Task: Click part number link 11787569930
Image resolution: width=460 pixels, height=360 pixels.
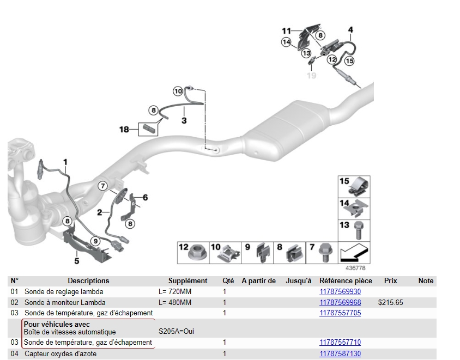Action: (x=340, y=292)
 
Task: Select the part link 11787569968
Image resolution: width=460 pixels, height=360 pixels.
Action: (x=340, y=302)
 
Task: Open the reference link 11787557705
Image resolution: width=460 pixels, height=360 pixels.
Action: (x=340, y=313)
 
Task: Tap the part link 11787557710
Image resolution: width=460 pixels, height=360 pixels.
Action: (x=340, y=343)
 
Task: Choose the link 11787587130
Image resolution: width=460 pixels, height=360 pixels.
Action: (x=340, y=354)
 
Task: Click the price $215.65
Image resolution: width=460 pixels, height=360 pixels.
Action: (x=390, y=302)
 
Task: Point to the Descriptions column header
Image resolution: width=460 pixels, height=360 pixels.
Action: (x=88, y=281)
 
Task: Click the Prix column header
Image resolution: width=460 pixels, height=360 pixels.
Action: (x=390, y=281)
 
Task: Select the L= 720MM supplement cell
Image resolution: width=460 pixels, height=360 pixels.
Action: (x=175, y=292)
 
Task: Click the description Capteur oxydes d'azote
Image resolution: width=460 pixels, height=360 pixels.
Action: (x=60, y=354)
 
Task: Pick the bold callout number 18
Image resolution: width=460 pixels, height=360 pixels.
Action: (x=124, y=130)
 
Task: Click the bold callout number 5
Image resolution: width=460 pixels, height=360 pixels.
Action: (x=77, y=261)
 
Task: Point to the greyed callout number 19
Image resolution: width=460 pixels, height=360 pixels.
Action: (x=311, y=76)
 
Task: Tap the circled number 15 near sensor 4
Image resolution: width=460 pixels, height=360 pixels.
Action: (x=349, y=61)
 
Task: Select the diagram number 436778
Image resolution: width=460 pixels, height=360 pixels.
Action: (x=355, y=268)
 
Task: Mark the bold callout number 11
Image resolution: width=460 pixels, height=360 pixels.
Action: (x=287, y=30)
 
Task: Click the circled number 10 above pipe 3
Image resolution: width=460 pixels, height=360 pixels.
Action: (x=178, y=91)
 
